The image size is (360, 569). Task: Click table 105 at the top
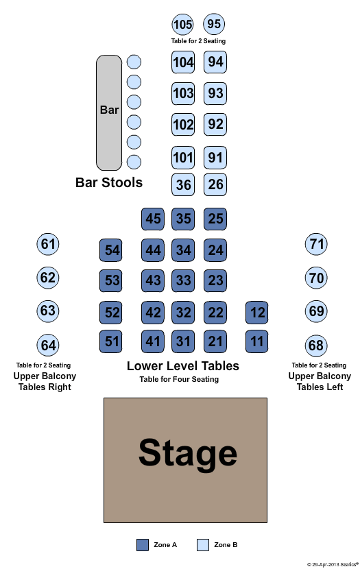coord(182,24)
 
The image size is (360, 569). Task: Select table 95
coord(214,24)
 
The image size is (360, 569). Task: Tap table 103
coord(183,93)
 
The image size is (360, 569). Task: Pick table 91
coord(215,158)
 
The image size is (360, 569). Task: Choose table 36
coord(183,184)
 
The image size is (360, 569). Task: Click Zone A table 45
coord(153,219)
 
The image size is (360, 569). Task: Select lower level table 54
coord(110,250)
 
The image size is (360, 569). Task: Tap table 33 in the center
coord(183,280)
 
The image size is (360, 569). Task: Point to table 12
coord(257,313)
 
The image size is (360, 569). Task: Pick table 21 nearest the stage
coord(215,341)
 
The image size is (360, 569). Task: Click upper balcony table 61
coord(48,244)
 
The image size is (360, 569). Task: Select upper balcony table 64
coord(48,345)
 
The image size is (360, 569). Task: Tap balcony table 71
coord(316,244)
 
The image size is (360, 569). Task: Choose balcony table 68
coord(316,346)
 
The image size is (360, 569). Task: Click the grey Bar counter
coord(109,112)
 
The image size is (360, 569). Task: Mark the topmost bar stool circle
coord(134,62)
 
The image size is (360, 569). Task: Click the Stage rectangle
coord(185,460)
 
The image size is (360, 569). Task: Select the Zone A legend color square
coord(143,545)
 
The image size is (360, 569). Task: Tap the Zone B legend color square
coord(203,545)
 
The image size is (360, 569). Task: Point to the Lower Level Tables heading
coord(183,366)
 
